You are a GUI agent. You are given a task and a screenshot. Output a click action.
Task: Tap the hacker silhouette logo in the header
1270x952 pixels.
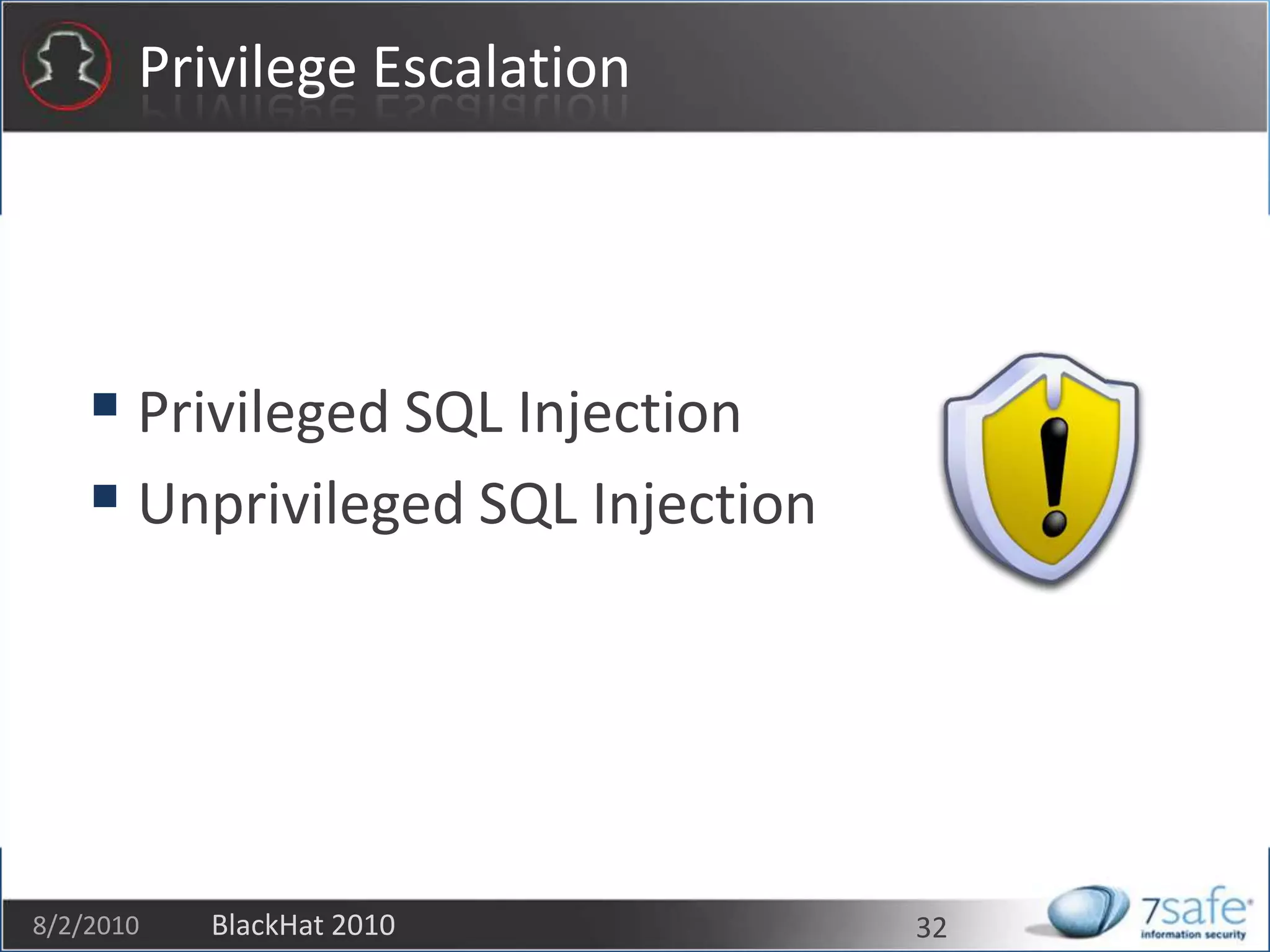pos(66,66)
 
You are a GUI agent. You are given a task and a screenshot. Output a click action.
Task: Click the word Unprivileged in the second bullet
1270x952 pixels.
pos(301,505)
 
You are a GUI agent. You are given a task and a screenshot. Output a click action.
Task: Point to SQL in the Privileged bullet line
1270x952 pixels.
pos(453,413)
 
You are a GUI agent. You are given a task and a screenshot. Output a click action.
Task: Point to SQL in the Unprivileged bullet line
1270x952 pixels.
pos(527,505)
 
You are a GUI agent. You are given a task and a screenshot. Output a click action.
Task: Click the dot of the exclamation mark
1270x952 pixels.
pos(1054,524)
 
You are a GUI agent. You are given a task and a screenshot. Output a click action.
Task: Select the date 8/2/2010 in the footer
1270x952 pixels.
pos(86,925)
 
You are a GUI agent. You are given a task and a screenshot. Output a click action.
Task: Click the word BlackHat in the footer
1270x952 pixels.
pos(260,925)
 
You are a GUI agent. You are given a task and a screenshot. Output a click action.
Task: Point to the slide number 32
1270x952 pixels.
pos(931,928)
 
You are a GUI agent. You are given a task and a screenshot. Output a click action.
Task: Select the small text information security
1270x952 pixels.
pos(1193,935)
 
